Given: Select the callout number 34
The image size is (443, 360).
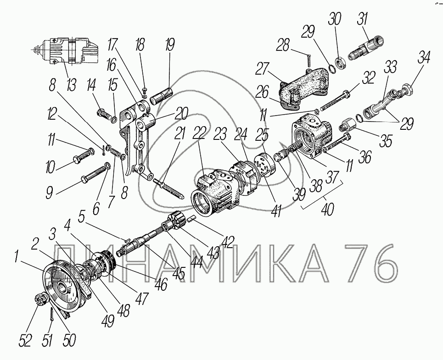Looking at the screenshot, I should click(424, 58).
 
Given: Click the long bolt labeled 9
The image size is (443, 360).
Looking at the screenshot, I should click(94, 173).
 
